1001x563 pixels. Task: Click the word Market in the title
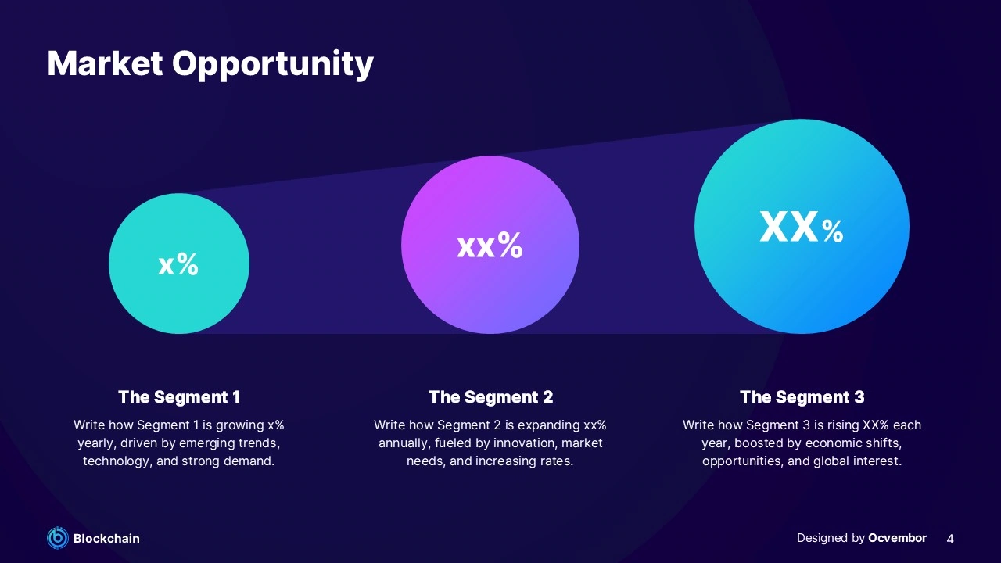[x=105, y=63]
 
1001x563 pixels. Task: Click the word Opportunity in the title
[x=273, y=65]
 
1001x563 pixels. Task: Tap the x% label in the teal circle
[x=178, y=264]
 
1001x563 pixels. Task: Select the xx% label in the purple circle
[x=490, y=245]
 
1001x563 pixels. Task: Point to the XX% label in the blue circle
[x=802, y=227]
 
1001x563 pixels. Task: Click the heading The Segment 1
[x=179, y=396]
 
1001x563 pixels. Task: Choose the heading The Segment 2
[x=490, y=396]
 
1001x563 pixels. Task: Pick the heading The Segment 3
[x=802, y=396]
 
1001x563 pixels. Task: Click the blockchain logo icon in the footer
[x=58, y=538]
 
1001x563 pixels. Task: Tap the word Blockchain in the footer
[x=106, y=539]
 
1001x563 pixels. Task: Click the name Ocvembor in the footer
[x=897, y=538]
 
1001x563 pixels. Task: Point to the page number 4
[x=950, y=539]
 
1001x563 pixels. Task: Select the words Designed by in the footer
[x=831, y=539]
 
